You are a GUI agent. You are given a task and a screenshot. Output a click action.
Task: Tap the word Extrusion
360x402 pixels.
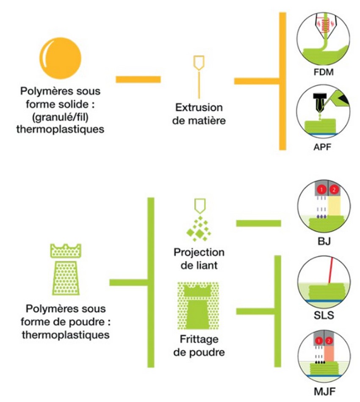[199, 107]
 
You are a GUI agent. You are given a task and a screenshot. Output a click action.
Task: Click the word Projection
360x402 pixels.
[199, 252]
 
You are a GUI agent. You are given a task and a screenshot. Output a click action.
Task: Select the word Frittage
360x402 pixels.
[199, 339]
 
